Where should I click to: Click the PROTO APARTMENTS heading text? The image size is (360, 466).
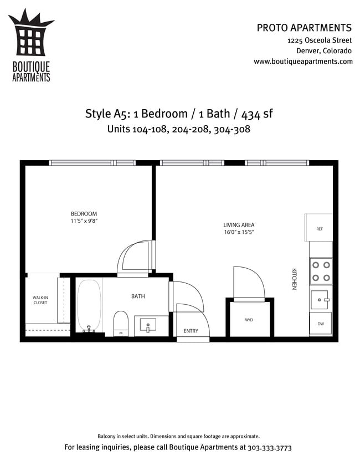[304, 28]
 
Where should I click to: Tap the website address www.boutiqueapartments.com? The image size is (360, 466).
[303, 62]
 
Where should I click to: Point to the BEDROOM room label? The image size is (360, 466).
[84, 214]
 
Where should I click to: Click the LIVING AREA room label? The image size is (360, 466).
[239, 225]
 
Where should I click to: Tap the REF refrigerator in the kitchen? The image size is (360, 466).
[319, 228]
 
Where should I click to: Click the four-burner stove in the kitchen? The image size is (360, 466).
[321, 271]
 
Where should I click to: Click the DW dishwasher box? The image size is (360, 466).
[321, 324]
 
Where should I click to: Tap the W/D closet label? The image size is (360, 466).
[249, 320]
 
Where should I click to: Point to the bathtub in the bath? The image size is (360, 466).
[88, 305]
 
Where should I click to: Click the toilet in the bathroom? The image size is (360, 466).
[121, 322]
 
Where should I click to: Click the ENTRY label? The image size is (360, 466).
[191, 331]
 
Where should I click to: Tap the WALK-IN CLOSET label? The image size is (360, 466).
[40, 300]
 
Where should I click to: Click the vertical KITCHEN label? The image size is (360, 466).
[295, 279]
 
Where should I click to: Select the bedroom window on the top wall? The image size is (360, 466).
[92, 163]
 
